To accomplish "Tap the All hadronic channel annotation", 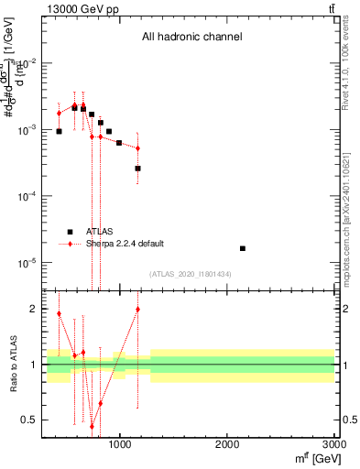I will [191, 38].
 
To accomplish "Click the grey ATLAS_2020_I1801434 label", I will [191, 275].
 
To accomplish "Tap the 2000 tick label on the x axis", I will [227, 445].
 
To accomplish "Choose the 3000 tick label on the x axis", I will [333, 445].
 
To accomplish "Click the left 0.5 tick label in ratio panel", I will [31, 420].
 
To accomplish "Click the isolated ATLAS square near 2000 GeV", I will [243, 248].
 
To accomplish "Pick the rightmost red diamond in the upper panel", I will [137, 148].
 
